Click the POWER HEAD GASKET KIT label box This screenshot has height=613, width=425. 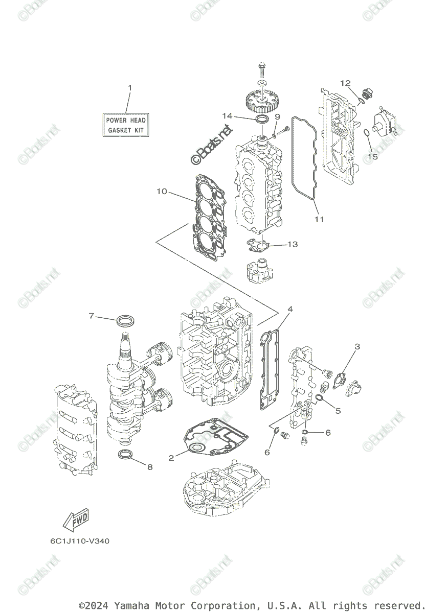[126, 125]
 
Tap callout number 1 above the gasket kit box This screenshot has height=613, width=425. [129, 88]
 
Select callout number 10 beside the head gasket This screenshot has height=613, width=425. [162, 192]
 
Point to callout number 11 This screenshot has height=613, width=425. [319, 220]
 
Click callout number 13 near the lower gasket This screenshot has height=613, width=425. [292, 245]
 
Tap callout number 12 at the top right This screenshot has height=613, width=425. [345, 83]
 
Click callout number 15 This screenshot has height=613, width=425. [372, 157]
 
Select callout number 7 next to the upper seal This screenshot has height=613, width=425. [92, 316]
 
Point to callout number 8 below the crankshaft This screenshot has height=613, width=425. [150, 466]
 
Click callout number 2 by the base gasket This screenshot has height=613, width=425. [171, 458]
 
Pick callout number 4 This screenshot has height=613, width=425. [290, 309]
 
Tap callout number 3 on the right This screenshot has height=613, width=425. [357, 347]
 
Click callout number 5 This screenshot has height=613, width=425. [338, 410]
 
